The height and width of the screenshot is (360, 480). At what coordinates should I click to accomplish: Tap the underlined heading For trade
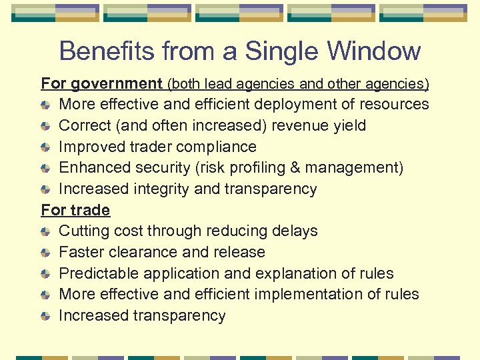[x=75, y=210]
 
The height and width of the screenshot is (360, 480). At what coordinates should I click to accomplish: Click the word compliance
[x=217, y=147]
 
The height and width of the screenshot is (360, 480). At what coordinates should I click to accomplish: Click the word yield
[x=351, y=125]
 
